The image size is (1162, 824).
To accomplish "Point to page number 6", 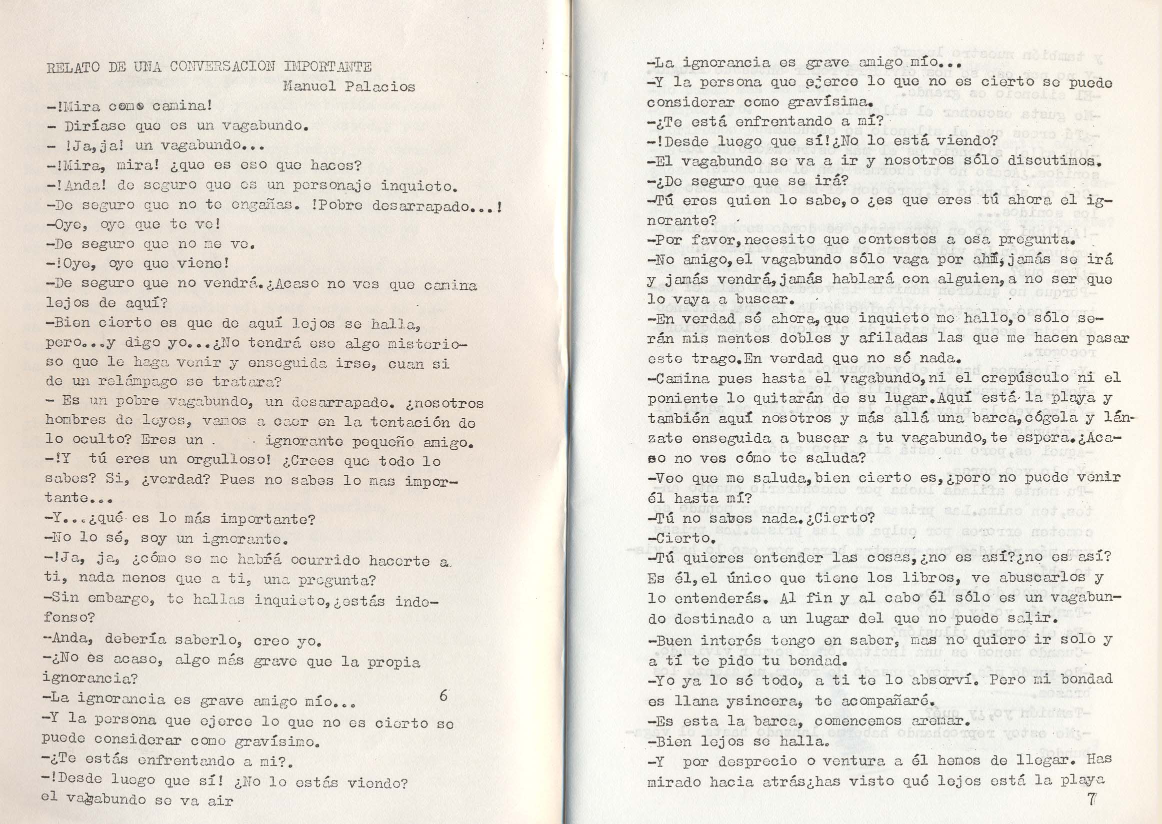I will (443, 695).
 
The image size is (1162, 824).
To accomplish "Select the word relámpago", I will (153, 381).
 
